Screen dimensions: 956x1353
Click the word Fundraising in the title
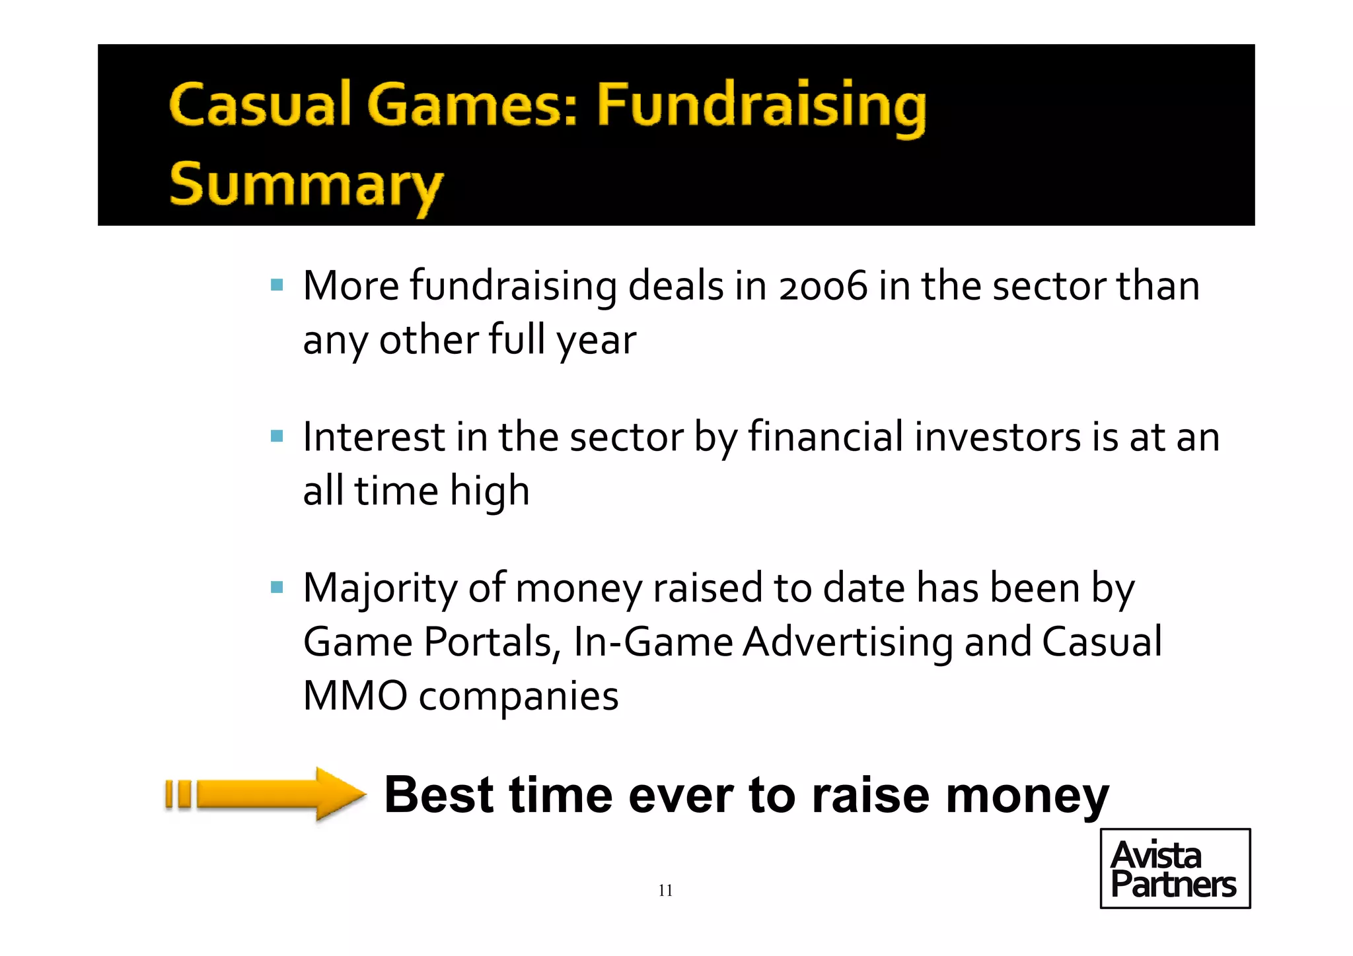tap(761, 106)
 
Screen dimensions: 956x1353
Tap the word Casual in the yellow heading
tap(260, 106)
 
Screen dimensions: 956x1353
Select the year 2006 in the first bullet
tap(823, 287)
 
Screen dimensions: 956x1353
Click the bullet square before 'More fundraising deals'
tap(277, 286)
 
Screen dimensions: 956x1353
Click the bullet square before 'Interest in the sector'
tap(277, 436)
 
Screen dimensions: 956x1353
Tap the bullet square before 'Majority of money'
tap(277, 587)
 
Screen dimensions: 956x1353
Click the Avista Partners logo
tap(1175, 869)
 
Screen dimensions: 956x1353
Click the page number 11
tap(665, 891)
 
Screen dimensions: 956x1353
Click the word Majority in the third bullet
tap(380, 589)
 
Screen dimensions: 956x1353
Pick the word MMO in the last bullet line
tap(355, 696)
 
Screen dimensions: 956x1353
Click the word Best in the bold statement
tap(439, 795)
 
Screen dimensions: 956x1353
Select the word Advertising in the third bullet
tap(848, 643)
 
